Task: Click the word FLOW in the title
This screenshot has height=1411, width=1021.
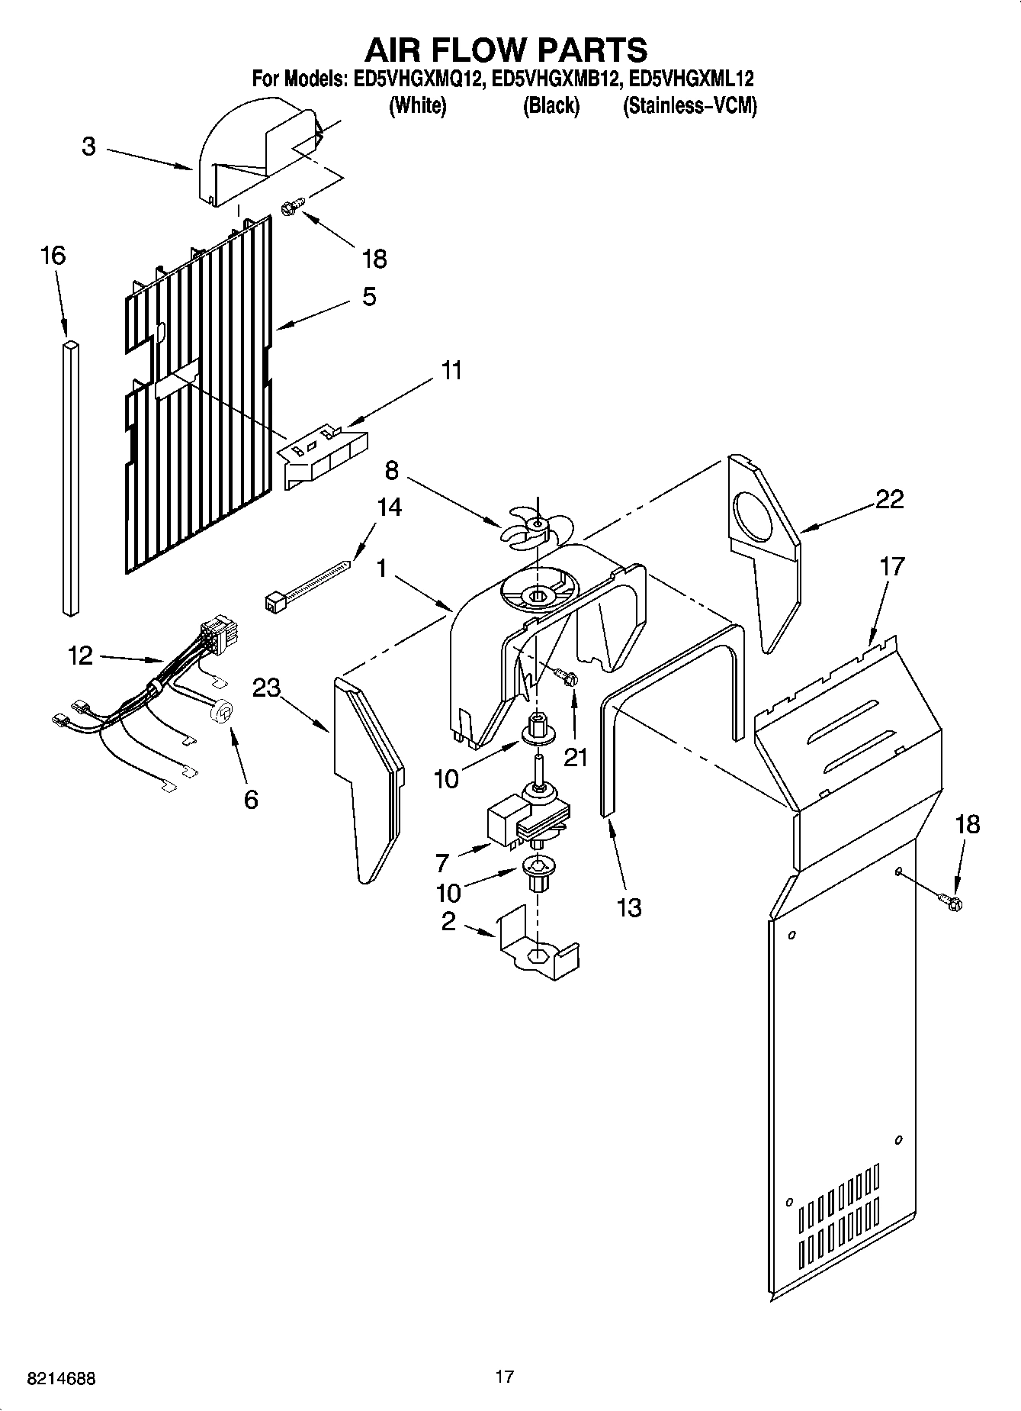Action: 507,50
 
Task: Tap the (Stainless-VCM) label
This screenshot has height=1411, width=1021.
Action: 690,106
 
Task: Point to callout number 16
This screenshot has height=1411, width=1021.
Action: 53,256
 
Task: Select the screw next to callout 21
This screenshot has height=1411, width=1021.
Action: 567,677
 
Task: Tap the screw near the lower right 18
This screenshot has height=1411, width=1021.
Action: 952,903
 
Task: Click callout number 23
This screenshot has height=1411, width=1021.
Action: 266,688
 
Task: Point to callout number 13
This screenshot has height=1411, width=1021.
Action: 629,907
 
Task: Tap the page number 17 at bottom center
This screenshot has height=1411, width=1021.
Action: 504,1377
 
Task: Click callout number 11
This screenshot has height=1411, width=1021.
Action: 452,372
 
